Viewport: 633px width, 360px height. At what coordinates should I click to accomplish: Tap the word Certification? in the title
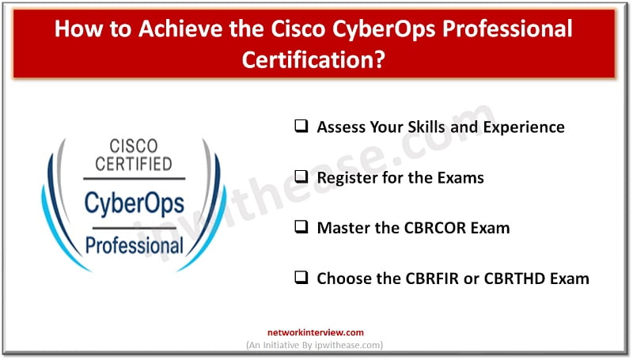316,59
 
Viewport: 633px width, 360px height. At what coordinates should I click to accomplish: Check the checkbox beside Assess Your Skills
301,126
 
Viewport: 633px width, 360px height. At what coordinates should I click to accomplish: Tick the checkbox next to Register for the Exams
301,176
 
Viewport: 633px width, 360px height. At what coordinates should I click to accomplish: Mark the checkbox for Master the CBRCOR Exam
301,227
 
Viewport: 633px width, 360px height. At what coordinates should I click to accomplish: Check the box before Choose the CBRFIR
301,278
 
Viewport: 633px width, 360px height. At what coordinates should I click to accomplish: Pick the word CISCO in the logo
134,147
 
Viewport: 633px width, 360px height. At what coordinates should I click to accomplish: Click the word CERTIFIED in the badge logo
134,165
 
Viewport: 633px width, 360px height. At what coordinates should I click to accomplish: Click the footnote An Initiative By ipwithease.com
316,346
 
